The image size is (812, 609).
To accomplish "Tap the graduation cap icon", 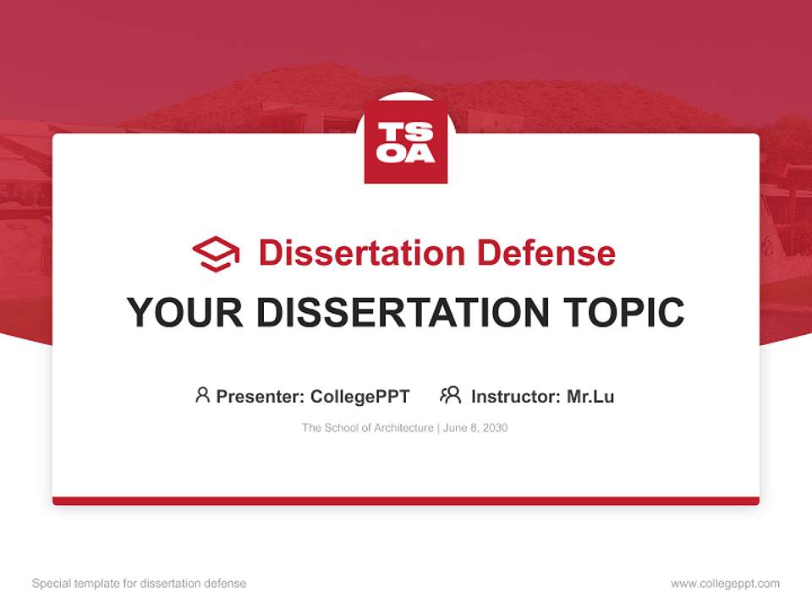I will [x=216, y=254].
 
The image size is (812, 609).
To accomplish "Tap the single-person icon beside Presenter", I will [x=202, y=395].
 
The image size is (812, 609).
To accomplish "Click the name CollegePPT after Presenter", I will [x=360, y=396].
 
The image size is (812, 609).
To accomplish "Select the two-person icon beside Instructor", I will [x=451, y=395].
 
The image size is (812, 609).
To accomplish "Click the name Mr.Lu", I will [x=590, y=396].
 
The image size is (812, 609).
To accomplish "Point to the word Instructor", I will [x=514, y=396].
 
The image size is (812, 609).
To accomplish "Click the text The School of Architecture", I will [x=367, y=428].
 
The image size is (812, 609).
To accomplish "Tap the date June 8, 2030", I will [x=475, y=428].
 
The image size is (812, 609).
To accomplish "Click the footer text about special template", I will [x=140, y=584].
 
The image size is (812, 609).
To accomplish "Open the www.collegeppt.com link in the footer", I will [x=725, y=584].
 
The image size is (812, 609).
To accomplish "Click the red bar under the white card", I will [x=406, y=501].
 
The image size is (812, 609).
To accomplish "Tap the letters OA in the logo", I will [x=406, y=153].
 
